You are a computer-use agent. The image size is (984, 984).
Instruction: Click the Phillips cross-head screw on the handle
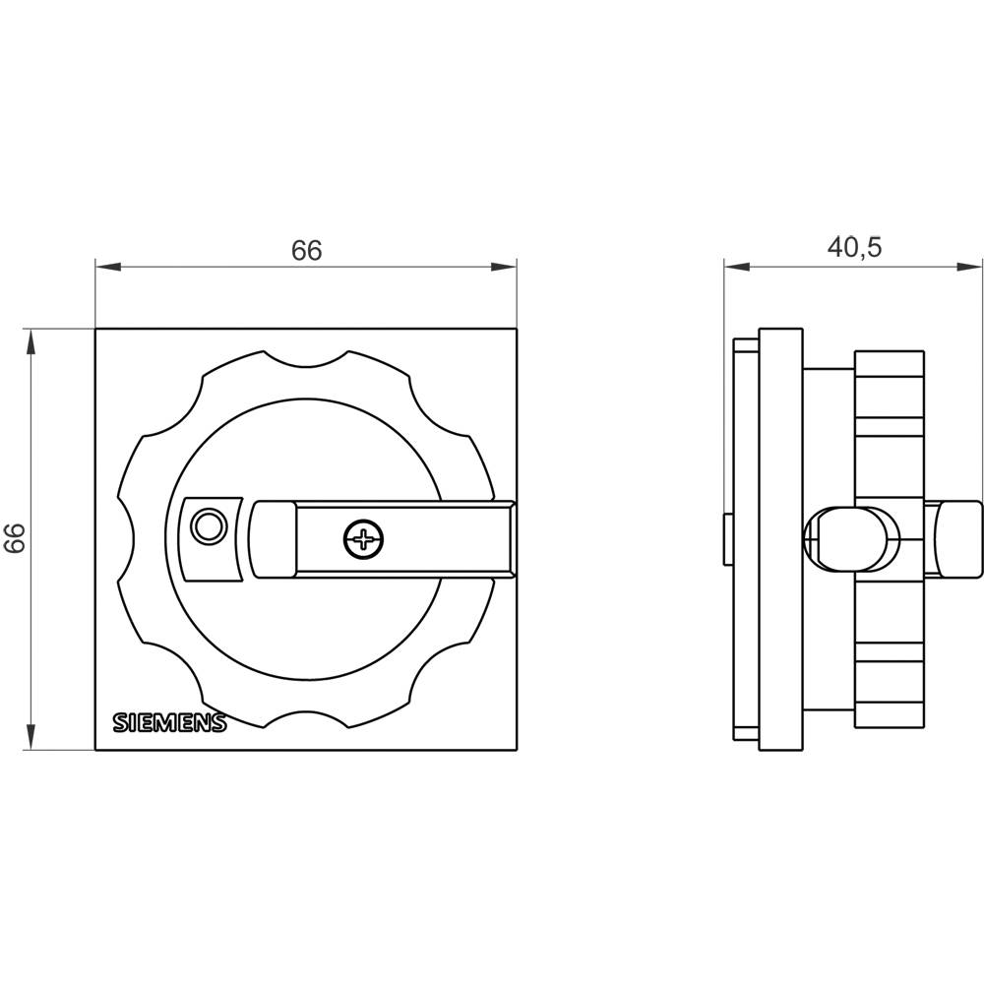point(364,539)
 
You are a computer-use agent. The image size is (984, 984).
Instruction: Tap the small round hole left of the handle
point(208,525)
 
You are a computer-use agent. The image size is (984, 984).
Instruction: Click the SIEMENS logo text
point(169,722)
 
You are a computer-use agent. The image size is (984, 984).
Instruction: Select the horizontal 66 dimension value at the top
point(306,250)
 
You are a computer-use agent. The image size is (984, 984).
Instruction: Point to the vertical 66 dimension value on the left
point(15,538)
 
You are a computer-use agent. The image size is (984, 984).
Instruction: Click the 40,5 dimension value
point(854,247)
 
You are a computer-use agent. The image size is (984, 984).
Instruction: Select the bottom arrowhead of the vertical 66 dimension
point(30,737)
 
